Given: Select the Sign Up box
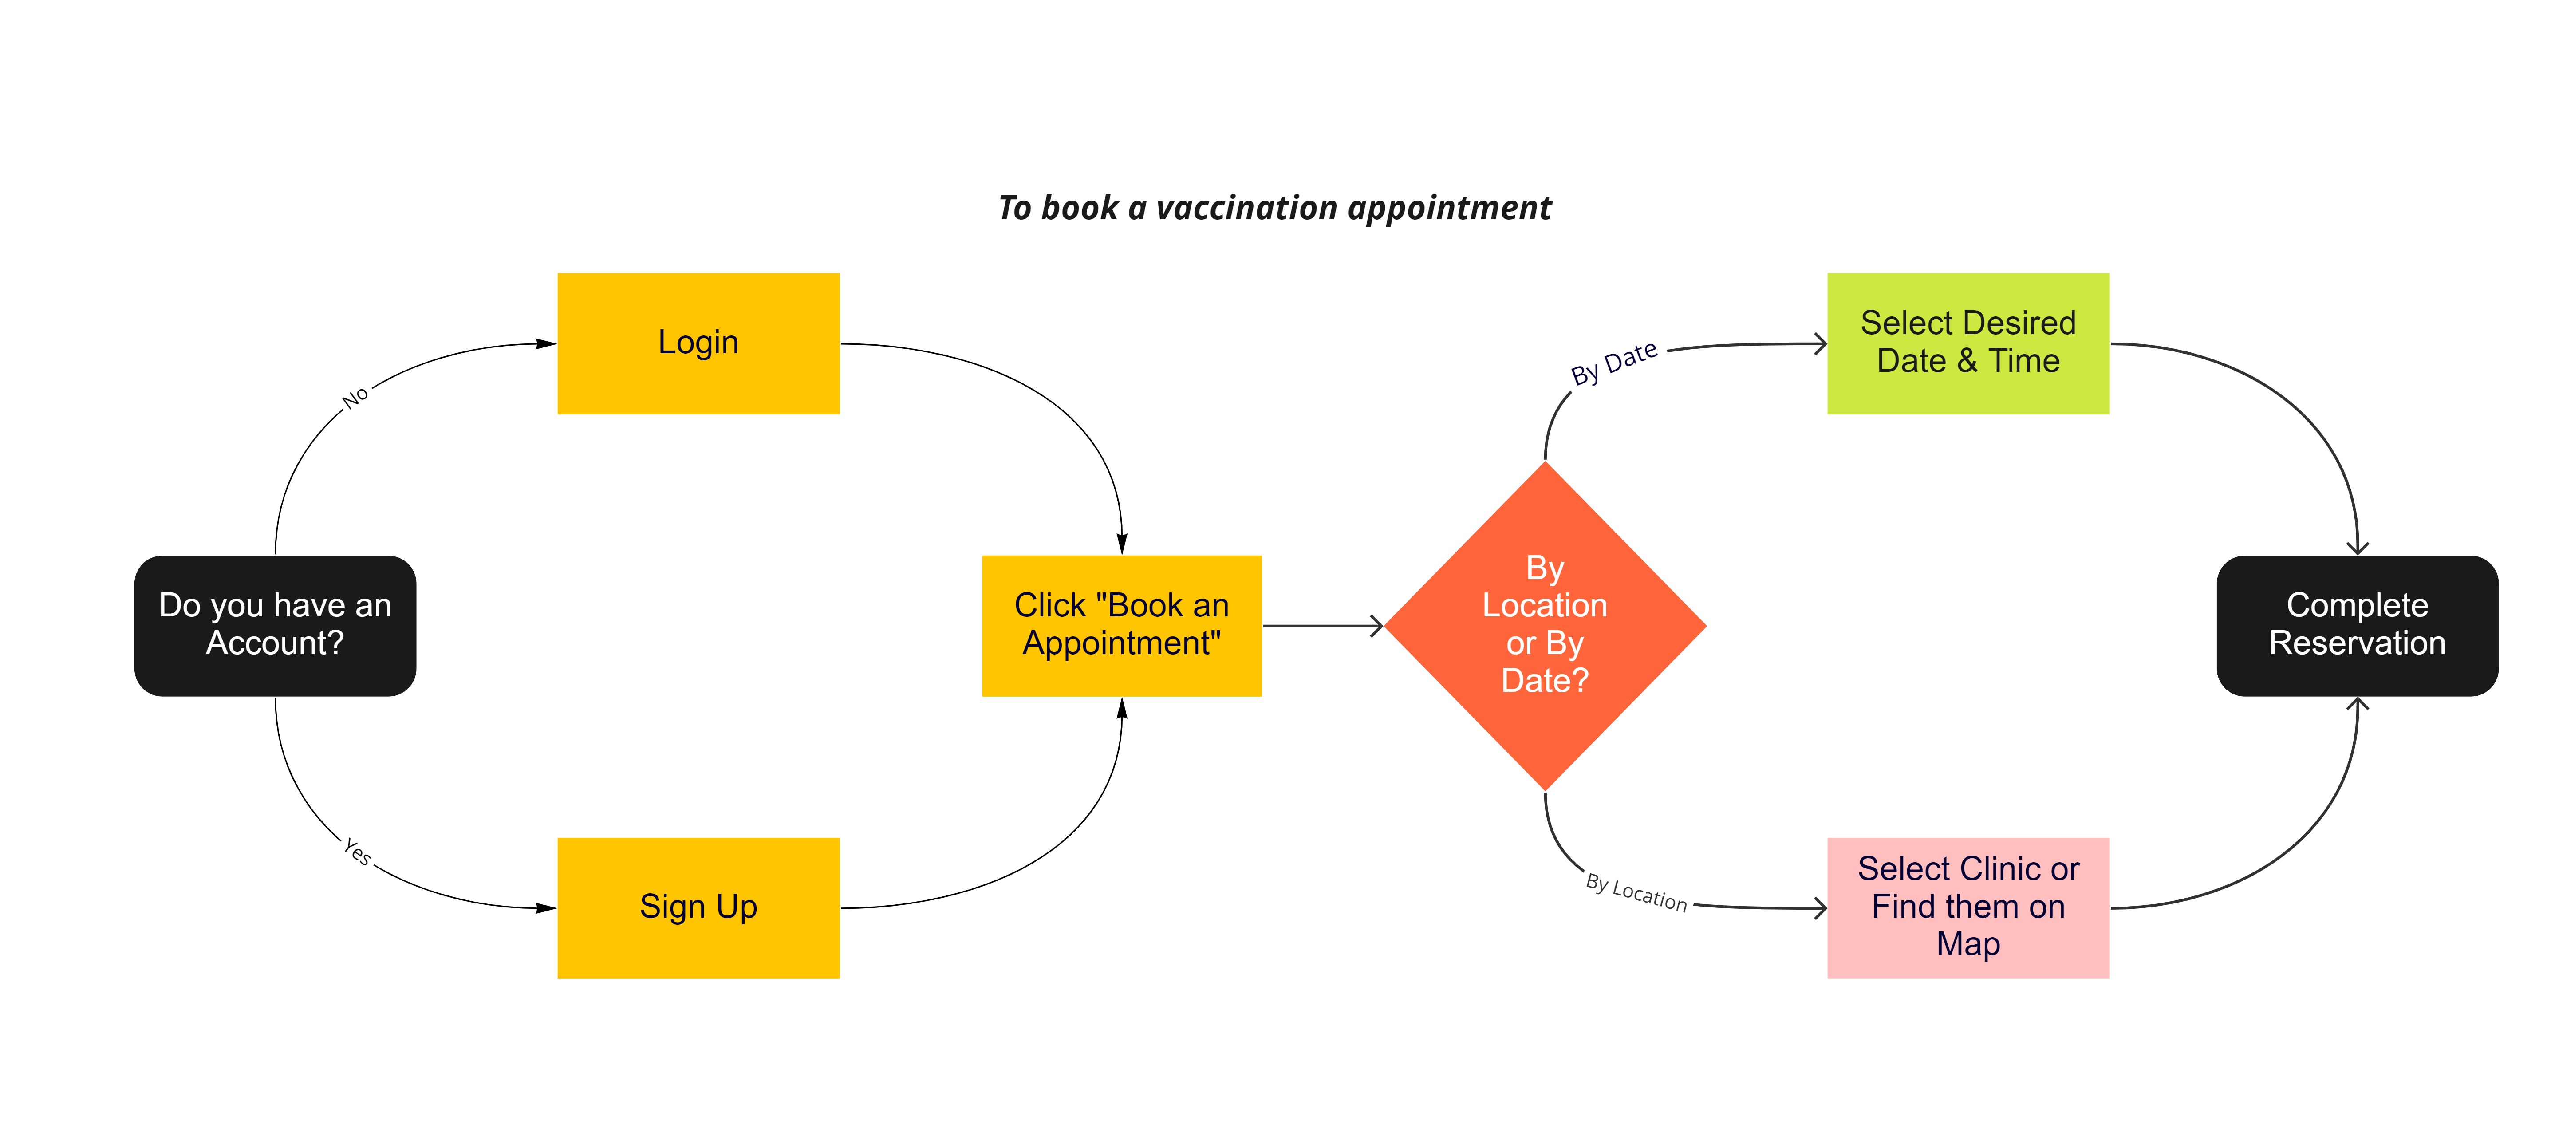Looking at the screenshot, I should [698, 907].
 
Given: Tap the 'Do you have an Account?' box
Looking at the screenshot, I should [275, 625].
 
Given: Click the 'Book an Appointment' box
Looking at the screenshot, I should [1121, 625].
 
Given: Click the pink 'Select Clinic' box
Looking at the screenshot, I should [1967, 907].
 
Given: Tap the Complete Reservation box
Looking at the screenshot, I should [2357, 625].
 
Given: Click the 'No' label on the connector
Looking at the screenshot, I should [355, 397].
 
